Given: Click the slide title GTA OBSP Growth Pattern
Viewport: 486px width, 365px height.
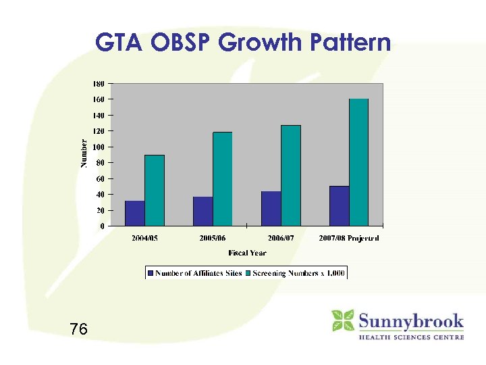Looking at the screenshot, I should [x=243, y=43].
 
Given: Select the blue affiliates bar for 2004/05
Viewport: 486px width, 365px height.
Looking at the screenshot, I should [x=134, y=213].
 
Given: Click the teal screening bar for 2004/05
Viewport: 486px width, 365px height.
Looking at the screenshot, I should [x=155, y=190].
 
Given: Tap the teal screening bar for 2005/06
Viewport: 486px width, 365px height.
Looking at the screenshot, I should [x=223, y=178].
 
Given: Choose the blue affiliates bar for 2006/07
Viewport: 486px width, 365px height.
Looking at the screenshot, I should [x=271, y=208].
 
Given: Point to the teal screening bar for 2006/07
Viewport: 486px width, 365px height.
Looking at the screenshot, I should [x=291, y=175].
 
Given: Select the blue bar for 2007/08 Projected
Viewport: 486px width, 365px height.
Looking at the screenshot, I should [x=339, y=205].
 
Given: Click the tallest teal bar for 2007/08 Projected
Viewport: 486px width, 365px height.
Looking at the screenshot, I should [x=359, y=162].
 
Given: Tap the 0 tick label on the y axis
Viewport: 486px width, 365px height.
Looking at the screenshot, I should [x=101, y=226].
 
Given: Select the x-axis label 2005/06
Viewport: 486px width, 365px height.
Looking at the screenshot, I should [x=213, y=239].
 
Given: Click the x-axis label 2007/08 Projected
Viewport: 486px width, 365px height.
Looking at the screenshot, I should [x=349, y=239].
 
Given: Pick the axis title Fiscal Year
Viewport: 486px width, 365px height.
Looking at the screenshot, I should [x=247, y=253].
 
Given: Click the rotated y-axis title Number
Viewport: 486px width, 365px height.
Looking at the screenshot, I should [x=84, y=153].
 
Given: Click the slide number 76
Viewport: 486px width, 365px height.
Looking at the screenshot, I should [x=78, y=329].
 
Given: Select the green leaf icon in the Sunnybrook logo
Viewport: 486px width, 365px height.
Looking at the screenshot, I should [x=343, y=320].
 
